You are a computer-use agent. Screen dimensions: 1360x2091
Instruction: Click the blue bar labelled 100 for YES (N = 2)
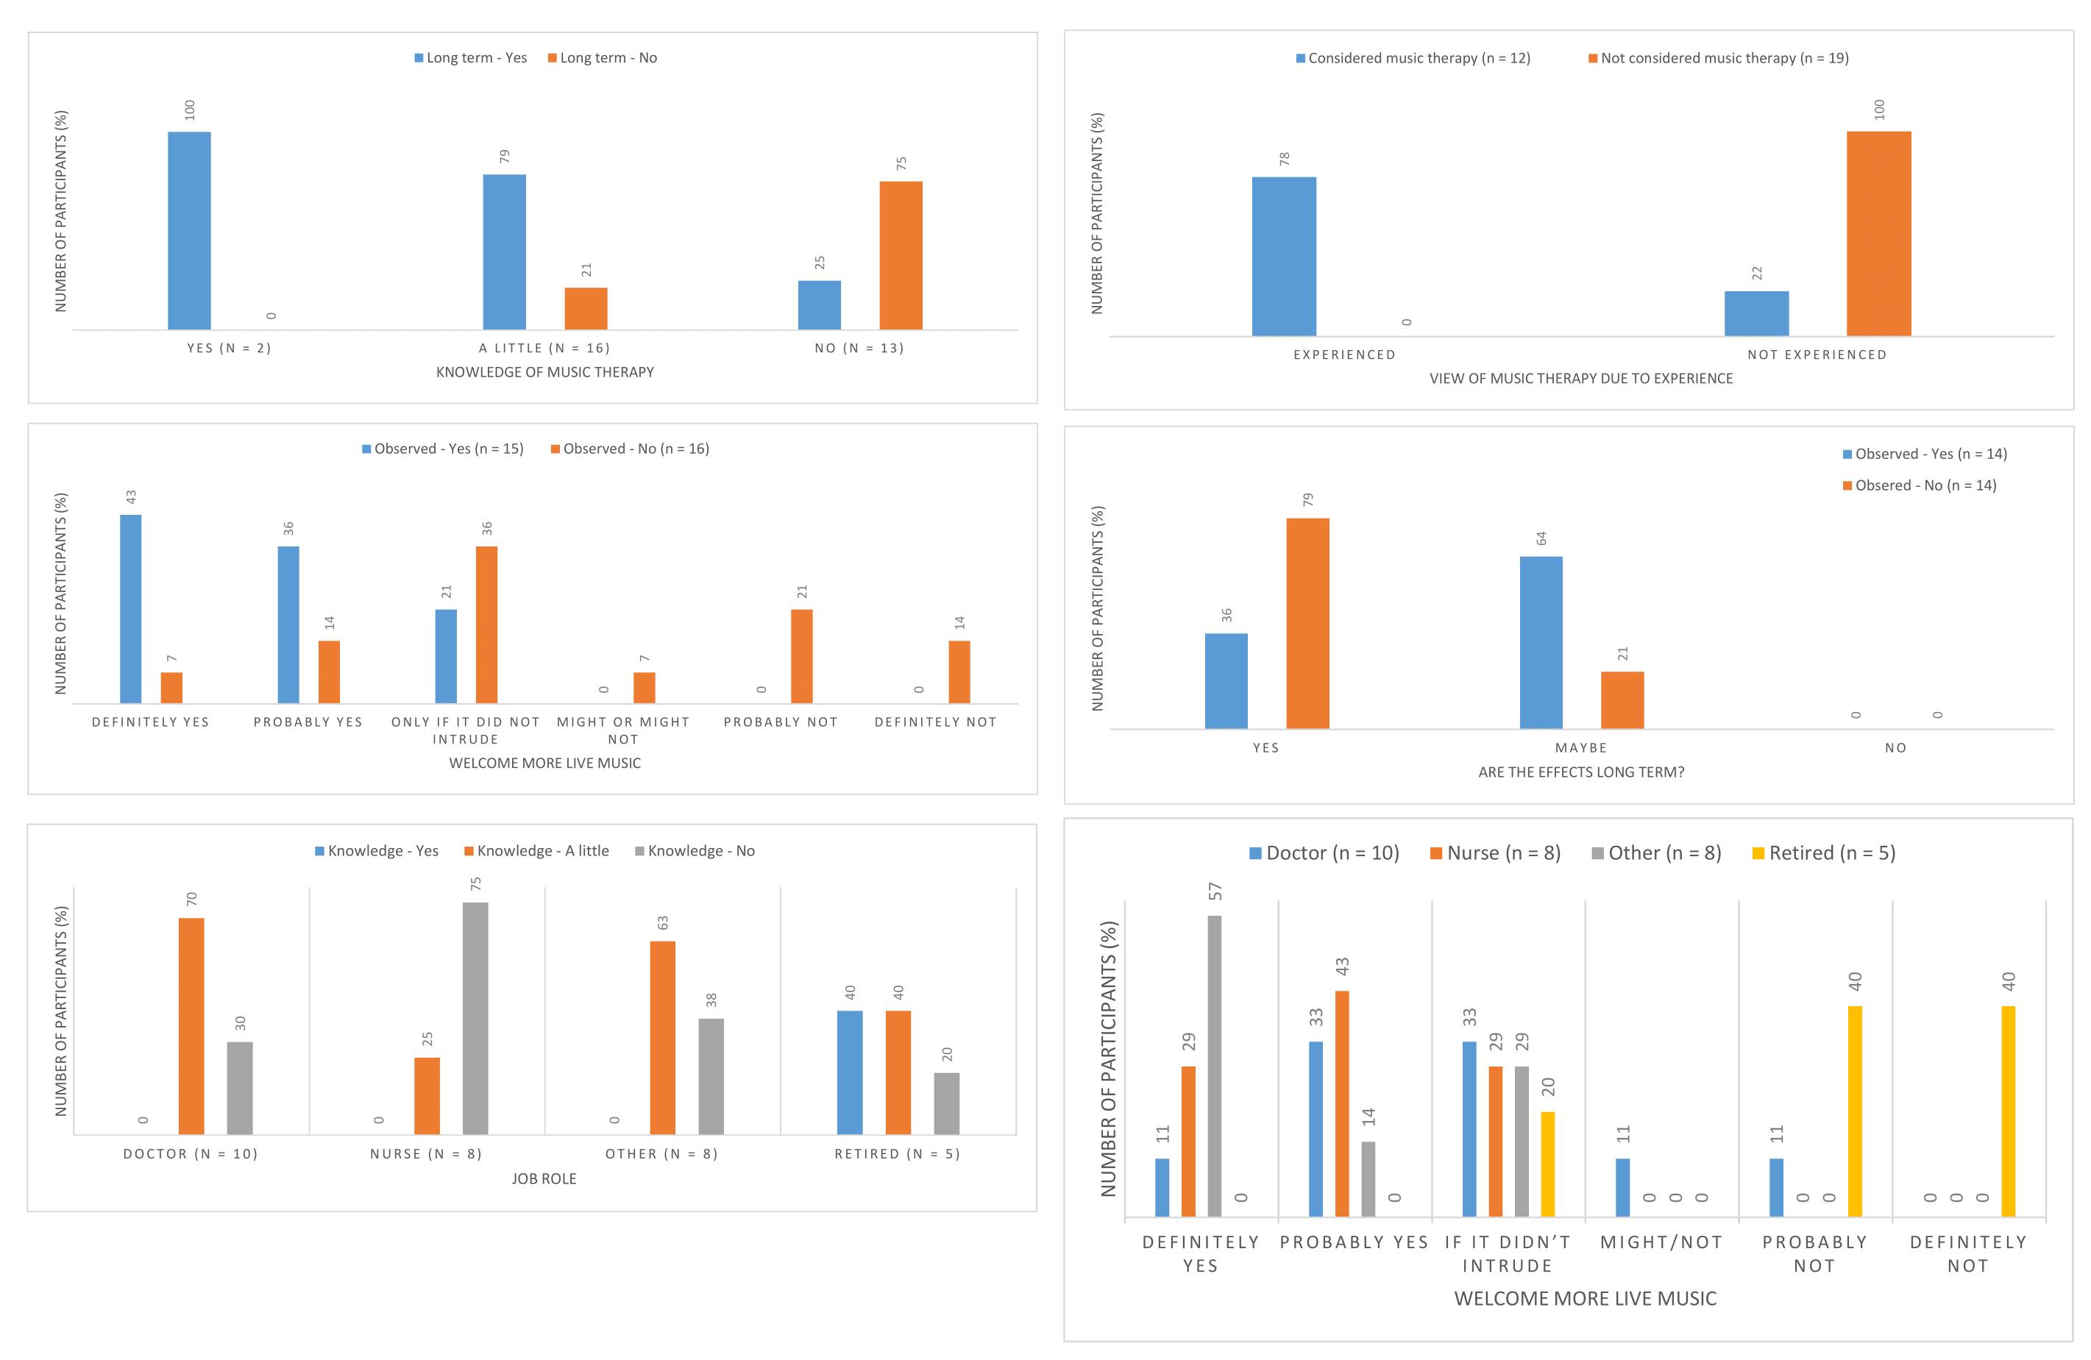point(189,230)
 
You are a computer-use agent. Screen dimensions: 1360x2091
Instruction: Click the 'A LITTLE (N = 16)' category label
point(544,348)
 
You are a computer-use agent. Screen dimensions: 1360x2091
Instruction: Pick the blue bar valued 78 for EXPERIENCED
point(1284,257)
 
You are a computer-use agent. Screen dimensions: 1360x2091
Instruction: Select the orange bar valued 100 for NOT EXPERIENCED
point(1878,234)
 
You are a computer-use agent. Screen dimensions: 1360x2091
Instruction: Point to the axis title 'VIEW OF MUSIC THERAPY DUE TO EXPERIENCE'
point(1580,379)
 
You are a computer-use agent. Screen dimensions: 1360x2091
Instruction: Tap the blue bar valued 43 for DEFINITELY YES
point(131,609)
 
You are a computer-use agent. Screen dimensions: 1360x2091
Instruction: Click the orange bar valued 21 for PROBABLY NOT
point(801,656)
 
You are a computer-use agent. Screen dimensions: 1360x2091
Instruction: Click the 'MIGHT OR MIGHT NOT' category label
point(623,730)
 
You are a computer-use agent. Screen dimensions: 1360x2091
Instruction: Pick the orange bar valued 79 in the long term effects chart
point(1307,623)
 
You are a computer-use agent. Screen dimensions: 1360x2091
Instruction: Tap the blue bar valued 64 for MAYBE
point(1541,642)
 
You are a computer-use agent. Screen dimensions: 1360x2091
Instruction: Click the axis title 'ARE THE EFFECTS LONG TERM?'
point(1580,772)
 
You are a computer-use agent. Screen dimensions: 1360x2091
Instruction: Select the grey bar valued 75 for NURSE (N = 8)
point(475,1018)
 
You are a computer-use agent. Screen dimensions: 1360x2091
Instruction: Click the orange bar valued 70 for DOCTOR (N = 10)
point(191,1026)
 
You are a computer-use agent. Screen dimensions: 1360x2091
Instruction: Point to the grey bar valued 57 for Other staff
point(1214,1066)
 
